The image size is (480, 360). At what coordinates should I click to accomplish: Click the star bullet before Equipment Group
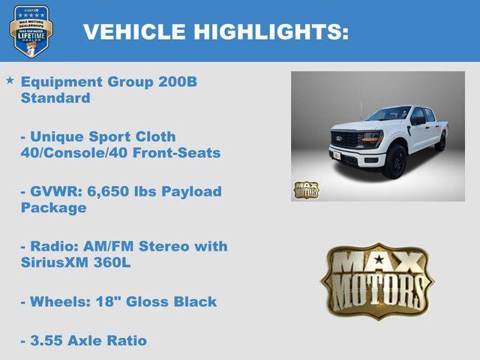(x=10, y=79)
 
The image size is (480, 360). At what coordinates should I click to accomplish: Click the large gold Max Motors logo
(x=377, y=280)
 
